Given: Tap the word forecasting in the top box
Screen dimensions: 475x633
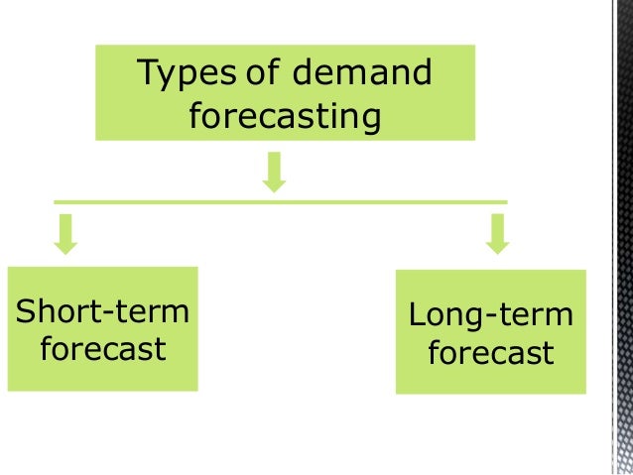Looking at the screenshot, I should [x=284, y=116].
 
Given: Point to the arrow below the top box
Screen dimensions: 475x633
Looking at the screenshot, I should [x=275, y=171].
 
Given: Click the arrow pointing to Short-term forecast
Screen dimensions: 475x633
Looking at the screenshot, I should [x=66, y=233].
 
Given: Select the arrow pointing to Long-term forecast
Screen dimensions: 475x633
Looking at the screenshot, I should [x=497, y=233].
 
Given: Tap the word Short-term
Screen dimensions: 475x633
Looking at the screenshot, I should [x=102, y=311].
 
